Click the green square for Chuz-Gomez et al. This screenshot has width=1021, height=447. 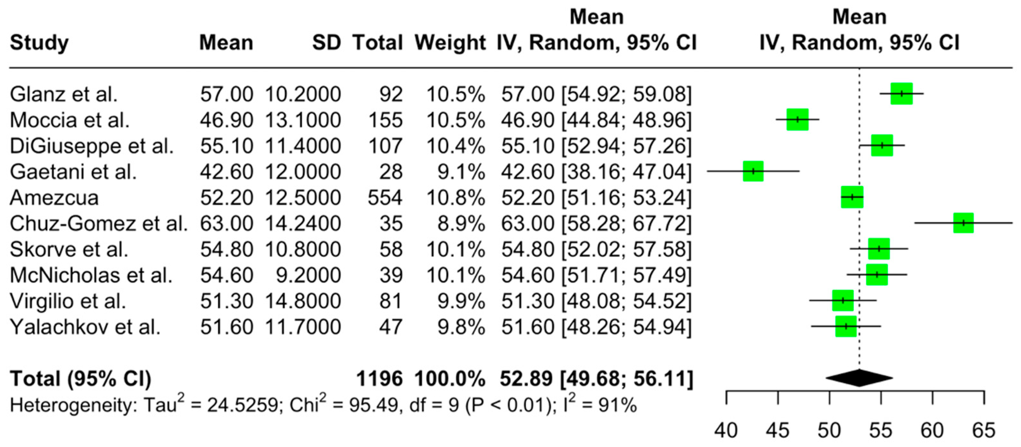pyautogui.click(x=963, y=223)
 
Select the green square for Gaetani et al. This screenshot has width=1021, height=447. pyautogui.click(x=753, y=171)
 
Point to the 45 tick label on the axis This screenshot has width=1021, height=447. pyautogui.click(x=778, y=431)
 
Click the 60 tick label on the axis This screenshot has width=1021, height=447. pyautogui.click(x=932, y=431)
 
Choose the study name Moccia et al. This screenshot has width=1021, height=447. pyautogui.click(x=70, y=120)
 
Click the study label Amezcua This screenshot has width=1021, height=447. pyautogui.click(x=54, y=198)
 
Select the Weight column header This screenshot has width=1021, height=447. pyautogui.click(x=450, y=42)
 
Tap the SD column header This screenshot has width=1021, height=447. pyautogui.click(x=326, y=42)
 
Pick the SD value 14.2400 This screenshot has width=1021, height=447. pyautogui.click(x=303, y=223)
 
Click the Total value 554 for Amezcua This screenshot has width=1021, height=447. pyautogui.click(x=385, y=198)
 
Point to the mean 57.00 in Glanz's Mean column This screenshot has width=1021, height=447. pyautogui.click(x=226, y=94)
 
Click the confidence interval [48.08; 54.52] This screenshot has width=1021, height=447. pyautogui.click(x=626, y=301)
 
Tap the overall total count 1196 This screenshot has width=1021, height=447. pyautogui.click(x=379, y=378)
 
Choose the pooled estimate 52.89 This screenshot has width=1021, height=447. pyautogui.click(x=526, y=378)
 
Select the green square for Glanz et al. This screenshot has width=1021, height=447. pyautogui.click(x=902, y=94)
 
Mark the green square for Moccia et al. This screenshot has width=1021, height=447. pyautogui.click(x=797, y=119)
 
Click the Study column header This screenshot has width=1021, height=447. pyautogui.click(x=39, y=42)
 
